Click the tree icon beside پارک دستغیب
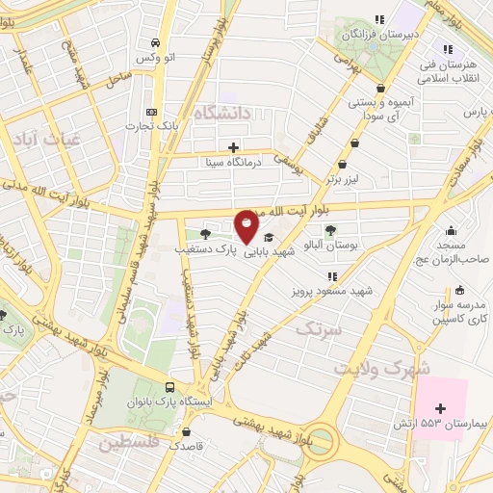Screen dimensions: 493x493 (x=204, y=233)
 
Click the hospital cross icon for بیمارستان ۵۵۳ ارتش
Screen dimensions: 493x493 (x=441, y=408)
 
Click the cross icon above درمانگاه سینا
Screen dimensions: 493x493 (x=233, y=147)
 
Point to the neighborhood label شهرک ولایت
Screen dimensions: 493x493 (x=372, y=367)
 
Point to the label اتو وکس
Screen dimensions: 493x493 (x=155, y=59)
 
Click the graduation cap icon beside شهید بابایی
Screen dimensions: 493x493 (x=268, y=237)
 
